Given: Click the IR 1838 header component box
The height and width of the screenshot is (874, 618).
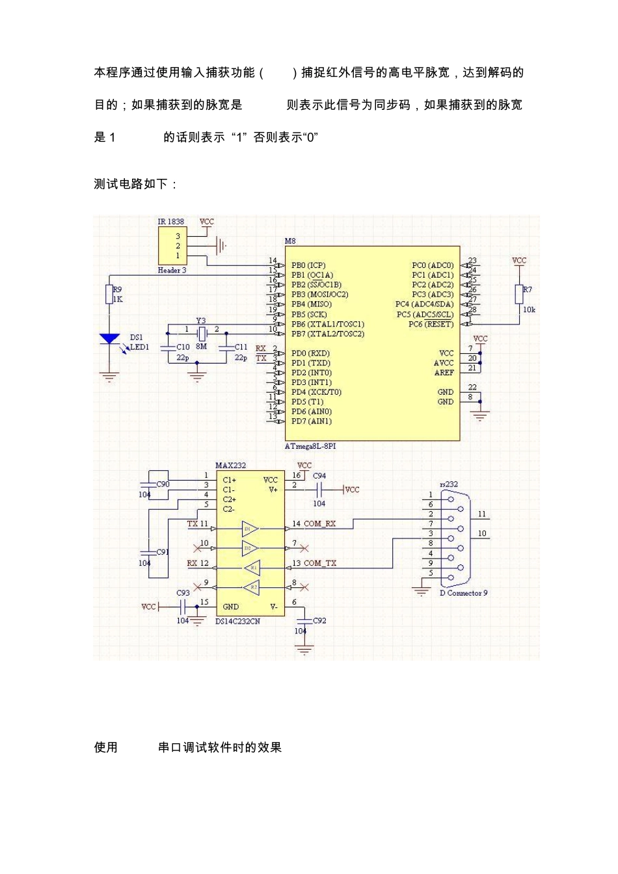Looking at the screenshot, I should [x=172, y=246].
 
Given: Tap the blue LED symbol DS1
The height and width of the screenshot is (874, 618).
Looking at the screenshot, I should [x=109, y=339].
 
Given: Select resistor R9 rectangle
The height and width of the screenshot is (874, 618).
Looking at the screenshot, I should [x=109, y=295].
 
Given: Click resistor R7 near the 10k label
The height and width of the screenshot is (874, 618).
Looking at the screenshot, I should [x=519, y=294].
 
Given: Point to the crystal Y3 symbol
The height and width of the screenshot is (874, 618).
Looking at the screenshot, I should [x=202, y=334].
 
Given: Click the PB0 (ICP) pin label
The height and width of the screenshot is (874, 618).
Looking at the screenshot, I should [x=308, y=265].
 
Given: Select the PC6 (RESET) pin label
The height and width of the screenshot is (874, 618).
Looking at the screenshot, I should [x=431, y=324].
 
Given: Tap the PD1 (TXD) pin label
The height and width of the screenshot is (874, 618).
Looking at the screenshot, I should [x=310, y=363].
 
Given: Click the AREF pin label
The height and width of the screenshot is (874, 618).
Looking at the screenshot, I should [x=444, y=373].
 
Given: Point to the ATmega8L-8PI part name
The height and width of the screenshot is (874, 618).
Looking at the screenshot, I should [x=310, y=446].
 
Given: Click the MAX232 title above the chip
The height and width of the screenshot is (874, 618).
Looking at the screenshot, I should [x=230, y=466].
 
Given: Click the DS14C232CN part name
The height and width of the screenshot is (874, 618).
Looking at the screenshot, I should [x=237, y=621].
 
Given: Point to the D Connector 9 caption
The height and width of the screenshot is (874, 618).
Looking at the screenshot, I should [x=463, y=593].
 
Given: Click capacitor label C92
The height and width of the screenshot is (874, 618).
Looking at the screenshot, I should [x=319, y=620].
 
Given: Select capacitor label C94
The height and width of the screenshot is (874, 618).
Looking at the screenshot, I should [x=319, y=476].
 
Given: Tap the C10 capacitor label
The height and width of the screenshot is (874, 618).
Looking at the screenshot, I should [x=183, y=347].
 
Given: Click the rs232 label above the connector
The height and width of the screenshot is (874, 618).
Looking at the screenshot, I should [x=449, y=484].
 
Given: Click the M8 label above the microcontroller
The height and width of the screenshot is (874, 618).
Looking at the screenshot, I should [x=290, y=241].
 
